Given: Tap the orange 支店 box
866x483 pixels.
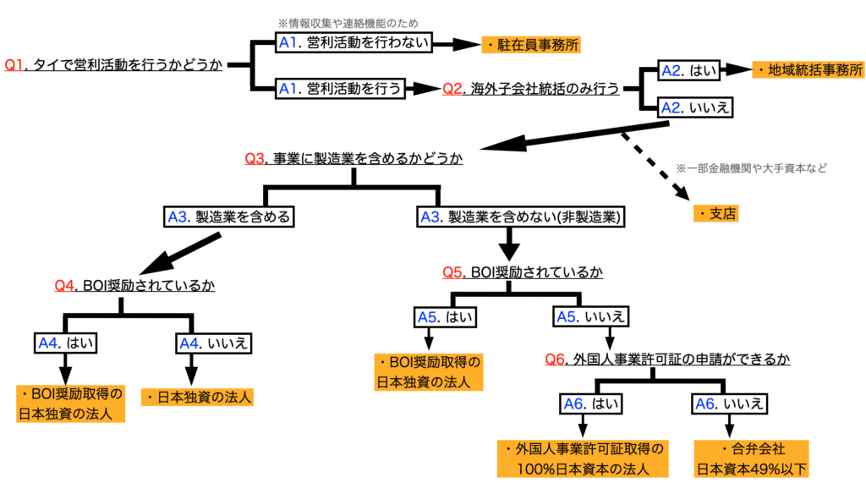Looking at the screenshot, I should (x=715, y=213).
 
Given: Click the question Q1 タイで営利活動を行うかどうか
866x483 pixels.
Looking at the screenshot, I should (x=114, y=65).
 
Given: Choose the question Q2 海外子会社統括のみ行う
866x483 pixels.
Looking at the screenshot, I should (x=530, y=87).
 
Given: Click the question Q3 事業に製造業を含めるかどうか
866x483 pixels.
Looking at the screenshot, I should (x=354, y=158).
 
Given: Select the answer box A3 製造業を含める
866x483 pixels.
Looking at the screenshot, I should (x=229, y=217).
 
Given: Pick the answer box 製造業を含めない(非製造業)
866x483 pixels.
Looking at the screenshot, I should (x=522, y=217).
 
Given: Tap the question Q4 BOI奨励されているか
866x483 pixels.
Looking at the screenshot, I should (x=134, y=286).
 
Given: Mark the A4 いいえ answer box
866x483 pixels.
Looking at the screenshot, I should (x=216, y=343).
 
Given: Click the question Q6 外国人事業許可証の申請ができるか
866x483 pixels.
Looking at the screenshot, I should (x=667, y=360).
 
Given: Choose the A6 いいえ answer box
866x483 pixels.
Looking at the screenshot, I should (x=730, y=403).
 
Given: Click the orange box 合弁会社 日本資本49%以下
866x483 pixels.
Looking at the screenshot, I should (x=751, y=458).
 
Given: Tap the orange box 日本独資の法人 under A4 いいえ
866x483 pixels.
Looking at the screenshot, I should (x=199, y=395).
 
